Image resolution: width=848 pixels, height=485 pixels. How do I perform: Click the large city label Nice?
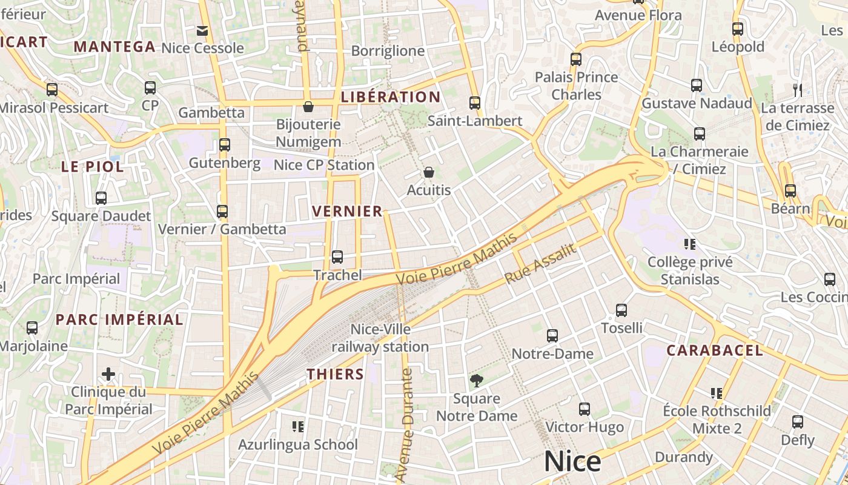[572, 462]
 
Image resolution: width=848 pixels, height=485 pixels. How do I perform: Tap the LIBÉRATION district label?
[391, 97]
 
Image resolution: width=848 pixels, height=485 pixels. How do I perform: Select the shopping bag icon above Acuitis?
[429, 172]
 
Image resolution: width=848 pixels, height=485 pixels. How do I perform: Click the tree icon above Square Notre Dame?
[477, 381]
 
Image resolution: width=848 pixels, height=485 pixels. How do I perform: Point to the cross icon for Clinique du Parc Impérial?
[108, 374]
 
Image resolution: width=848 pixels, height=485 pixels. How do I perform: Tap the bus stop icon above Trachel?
[337, 257]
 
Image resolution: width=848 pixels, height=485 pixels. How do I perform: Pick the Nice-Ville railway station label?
[380, 338]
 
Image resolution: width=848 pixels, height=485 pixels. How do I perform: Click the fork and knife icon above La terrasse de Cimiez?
[798, 90]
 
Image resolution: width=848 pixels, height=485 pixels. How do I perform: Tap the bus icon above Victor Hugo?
[585, 409]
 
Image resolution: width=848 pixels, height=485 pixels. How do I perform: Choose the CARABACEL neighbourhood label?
[715, 350]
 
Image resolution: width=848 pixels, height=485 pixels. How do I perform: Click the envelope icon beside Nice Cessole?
[202, 30]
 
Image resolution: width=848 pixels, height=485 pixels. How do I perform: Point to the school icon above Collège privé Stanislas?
[689, 244]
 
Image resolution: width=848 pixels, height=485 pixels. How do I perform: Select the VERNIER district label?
[347, 211]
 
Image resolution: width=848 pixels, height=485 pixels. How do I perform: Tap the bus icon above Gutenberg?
[225, 145]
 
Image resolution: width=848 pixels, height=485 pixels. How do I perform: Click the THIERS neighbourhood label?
[335, 374]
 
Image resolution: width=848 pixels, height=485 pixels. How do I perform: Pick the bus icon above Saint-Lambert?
[475, 103]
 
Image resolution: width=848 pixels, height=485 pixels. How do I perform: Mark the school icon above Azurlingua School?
[297, 427]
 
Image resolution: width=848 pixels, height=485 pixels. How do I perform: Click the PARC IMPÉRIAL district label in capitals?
[119, 319]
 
